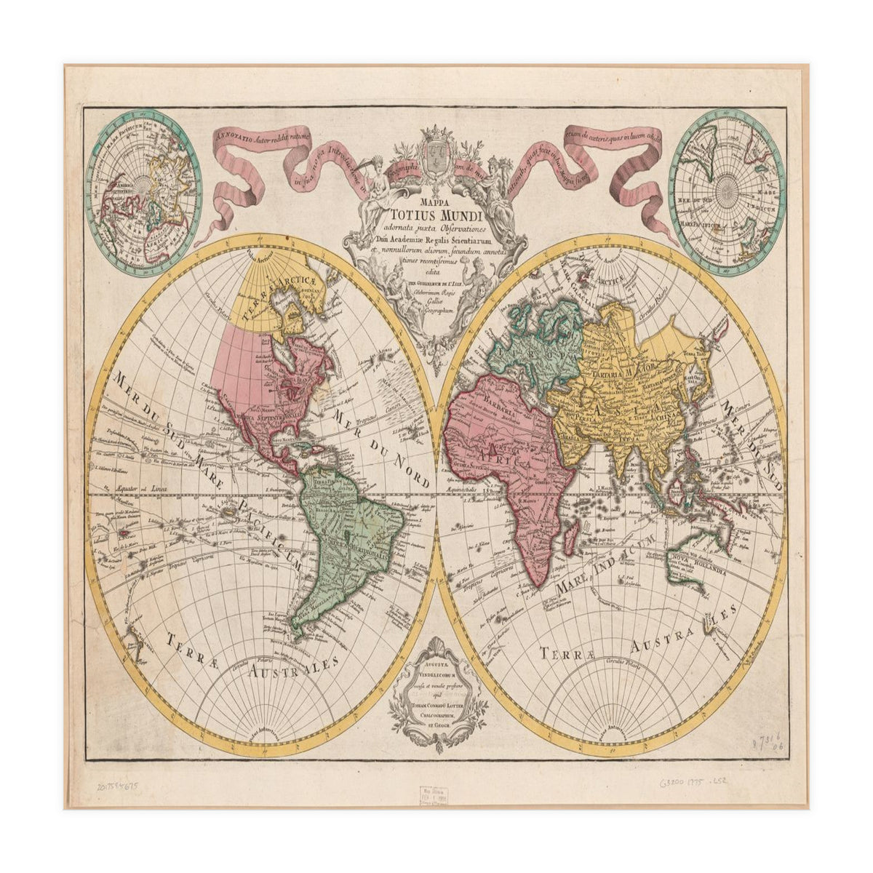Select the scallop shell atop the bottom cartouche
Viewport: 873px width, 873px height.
(436, 647)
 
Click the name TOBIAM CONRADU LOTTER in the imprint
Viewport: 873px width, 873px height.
(436, 704)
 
